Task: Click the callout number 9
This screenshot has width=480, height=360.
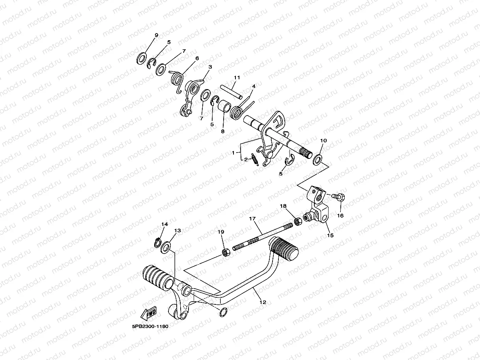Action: click(x=156, y=35)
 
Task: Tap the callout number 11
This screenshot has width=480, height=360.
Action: click(x=237, y=77)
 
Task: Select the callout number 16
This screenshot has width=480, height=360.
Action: click(x=340, y=216)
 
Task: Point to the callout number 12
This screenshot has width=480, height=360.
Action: click(x=263, y=302)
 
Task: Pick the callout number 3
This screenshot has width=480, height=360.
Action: click(x=210, y=67)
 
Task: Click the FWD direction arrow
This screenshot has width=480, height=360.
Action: click(x=149, y=314)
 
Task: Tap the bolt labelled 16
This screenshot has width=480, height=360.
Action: click(x=338, y=196)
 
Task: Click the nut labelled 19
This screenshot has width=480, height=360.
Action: click(x=226, y=252)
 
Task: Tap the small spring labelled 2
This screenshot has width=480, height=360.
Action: click(x=256, y=159)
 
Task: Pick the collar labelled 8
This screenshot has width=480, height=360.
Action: click(x=224, y=106)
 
